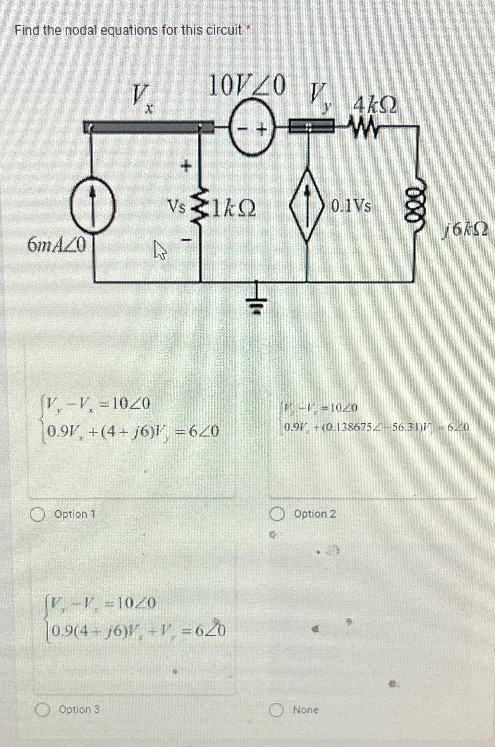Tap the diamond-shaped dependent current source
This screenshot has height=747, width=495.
tap(308, 207)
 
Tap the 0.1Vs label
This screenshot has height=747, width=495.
tap(351, 206)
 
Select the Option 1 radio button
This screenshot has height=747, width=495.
tap(37, 514)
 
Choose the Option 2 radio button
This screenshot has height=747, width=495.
tap(277, 514)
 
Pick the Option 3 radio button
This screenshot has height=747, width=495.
tap(42, 710)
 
